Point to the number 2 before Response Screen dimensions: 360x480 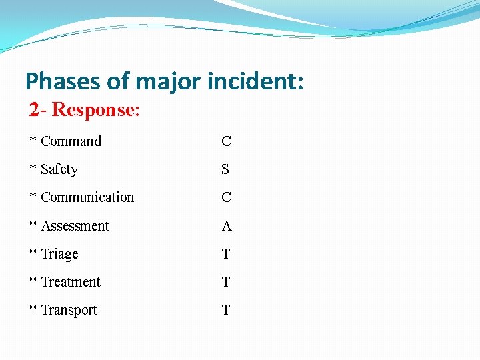click(x=34, y=110)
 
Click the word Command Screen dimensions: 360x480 click(x=71, y=141)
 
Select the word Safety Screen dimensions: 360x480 click(x=59, y=169)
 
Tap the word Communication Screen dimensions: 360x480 click(x=87, y=197)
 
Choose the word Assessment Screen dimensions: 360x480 click(x=75, y=226)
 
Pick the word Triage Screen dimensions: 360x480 click(x=60, y=254)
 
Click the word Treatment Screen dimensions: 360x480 click(x=71, y=282)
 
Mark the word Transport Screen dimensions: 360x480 click(x=69, y=310)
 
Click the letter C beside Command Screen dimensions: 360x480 click(x=227, y=141)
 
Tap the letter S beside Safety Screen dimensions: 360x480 click(x=225, y=169)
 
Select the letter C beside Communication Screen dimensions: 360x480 click(x=227, y=197)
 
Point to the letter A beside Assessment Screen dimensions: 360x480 click(x=227, y=226)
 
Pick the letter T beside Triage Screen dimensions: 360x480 click(x=226, y=254)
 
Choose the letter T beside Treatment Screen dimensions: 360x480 click(x=226, y=282)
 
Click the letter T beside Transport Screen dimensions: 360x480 click(x=226, y=310)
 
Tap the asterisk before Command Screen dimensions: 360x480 click(x=33, y=140)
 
